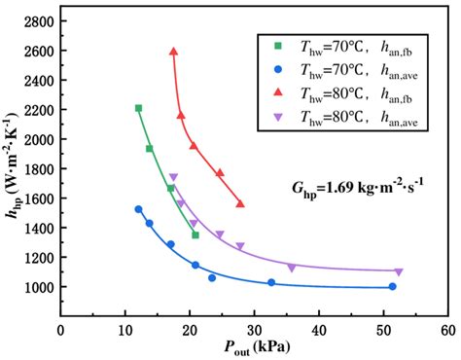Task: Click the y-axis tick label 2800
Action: [38, 20]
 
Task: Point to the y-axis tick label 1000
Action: [38, 288]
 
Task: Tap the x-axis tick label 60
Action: [447, 331]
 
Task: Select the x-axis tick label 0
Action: [61, 331]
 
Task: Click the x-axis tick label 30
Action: [254, 331]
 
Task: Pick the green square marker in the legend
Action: [278, 46]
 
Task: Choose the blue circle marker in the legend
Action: [278, 69]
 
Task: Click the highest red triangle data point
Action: [173, 52]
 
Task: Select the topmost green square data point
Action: [138, 108]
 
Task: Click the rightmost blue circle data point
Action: [392, 286]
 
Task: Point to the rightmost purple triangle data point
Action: [398, 271]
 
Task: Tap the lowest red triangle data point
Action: [240, 204]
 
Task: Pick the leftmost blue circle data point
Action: [138, 209]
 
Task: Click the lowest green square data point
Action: [195, 234]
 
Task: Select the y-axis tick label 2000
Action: [38, 139]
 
